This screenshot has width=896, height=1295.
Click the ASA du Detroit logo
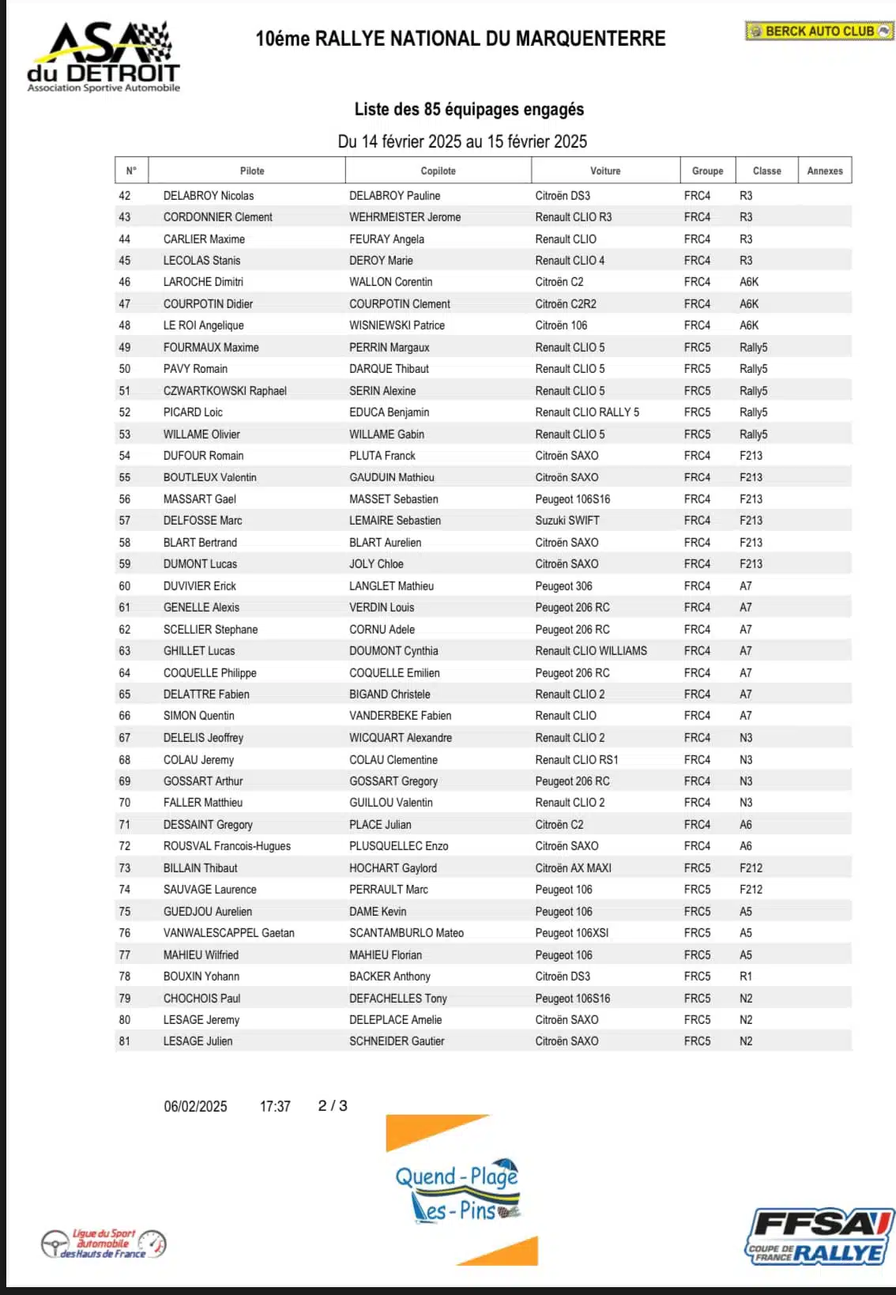(x=104, y=57)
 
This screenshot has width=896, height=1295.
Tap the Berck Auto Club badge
(x=819, y=31)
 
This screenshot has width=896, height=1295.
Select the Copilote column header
(x=438, y=171)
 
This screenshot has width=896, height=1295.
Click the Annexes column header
(x=824, y=171)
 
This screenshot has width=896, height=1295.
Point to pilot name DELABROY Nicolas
(x=209, y=195)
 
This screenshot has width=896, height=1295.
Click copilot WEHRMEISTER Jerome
(x=405, y=217)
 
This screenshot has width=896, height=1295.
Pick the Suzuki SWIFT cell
(x=567, y=520)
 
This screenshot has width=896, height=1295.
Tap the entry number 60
(x=125, y=585)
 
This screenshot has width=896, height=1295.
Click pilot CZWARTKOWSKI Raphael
(x=225, y=390)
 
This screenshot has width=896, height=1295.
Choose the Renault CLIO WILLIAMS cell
(x=591, y=650)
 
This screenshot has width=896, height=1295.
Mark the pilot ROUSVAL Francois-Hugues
(x=227, y=845)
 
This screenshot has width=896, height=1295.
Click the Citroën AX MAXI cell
(x=573, y=868)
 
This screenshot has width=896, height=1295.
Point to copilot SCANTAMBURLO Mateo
(x=406, y=932)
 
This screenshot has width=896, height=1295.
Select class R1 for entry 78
(x=746, y=976)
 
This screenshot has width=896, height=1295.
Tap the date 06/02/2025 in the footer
(x=195, y=1106)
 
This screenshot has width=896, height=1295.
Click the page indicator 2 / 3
(x=333, y=1105)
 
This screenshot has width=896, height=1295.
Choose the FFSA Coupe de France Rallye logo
(x=819, y=1237)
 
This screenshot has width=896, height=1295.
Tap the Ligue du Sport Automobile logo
(x=104, y=1244)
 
